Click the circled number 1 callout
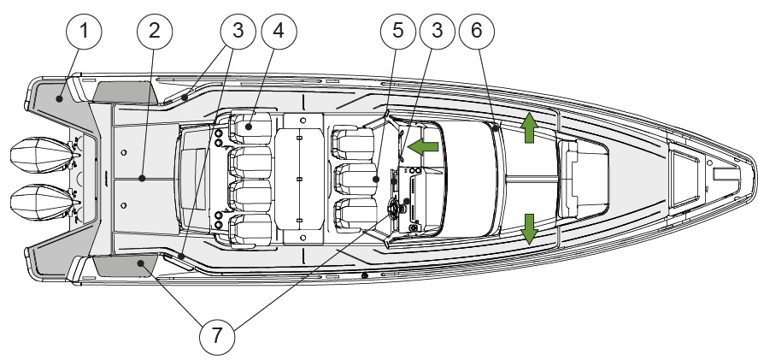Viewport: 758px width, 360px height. [x=84, y=32]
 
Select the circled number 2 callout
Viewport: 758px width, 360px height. [x=155, y=32]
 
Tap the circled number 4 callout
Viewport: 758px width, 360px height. [x=279, y=32]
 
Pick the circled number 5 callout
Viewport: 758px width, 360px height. [x=398, y=32]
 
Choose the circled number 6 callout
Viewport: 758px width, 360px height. [x=477, y=32]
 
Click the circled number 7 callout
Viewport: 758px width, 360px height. [x=217, y=336]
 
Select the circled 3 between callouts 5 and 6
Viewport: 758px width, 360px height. [x=437, y=32]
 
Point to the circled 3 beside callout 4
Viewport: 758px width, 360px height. [x=238, y=32]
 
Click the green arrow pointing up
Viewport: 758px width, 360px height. [x=529, y=127]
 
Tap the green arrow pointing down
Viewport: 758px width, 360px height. [x=529, y=229]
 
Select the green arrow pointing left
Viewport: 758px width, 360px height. [x=423, y=146]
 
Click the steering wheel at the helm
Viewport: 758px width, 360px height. [x=392, y=209]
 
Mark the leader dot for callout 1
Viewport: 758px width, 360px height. [x=59, y=98]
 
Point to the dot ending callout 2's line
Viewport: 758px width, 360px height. [x=142, y=179]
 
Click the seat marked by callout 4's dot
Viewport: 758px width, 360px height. [x=250, y=128]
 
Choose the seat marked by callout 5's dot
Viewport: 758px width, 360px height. [x=355, y=179]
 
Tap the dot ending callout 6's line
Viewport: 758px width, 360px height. [x=497, y=128]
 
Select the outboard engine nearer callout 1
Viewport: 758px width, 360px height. [x=44, y=156]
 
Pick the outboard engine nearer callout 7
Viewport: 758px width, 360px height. [x=44, y=203]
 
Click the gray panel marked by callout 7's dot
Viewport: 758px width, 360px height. [x=126, y=266]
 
